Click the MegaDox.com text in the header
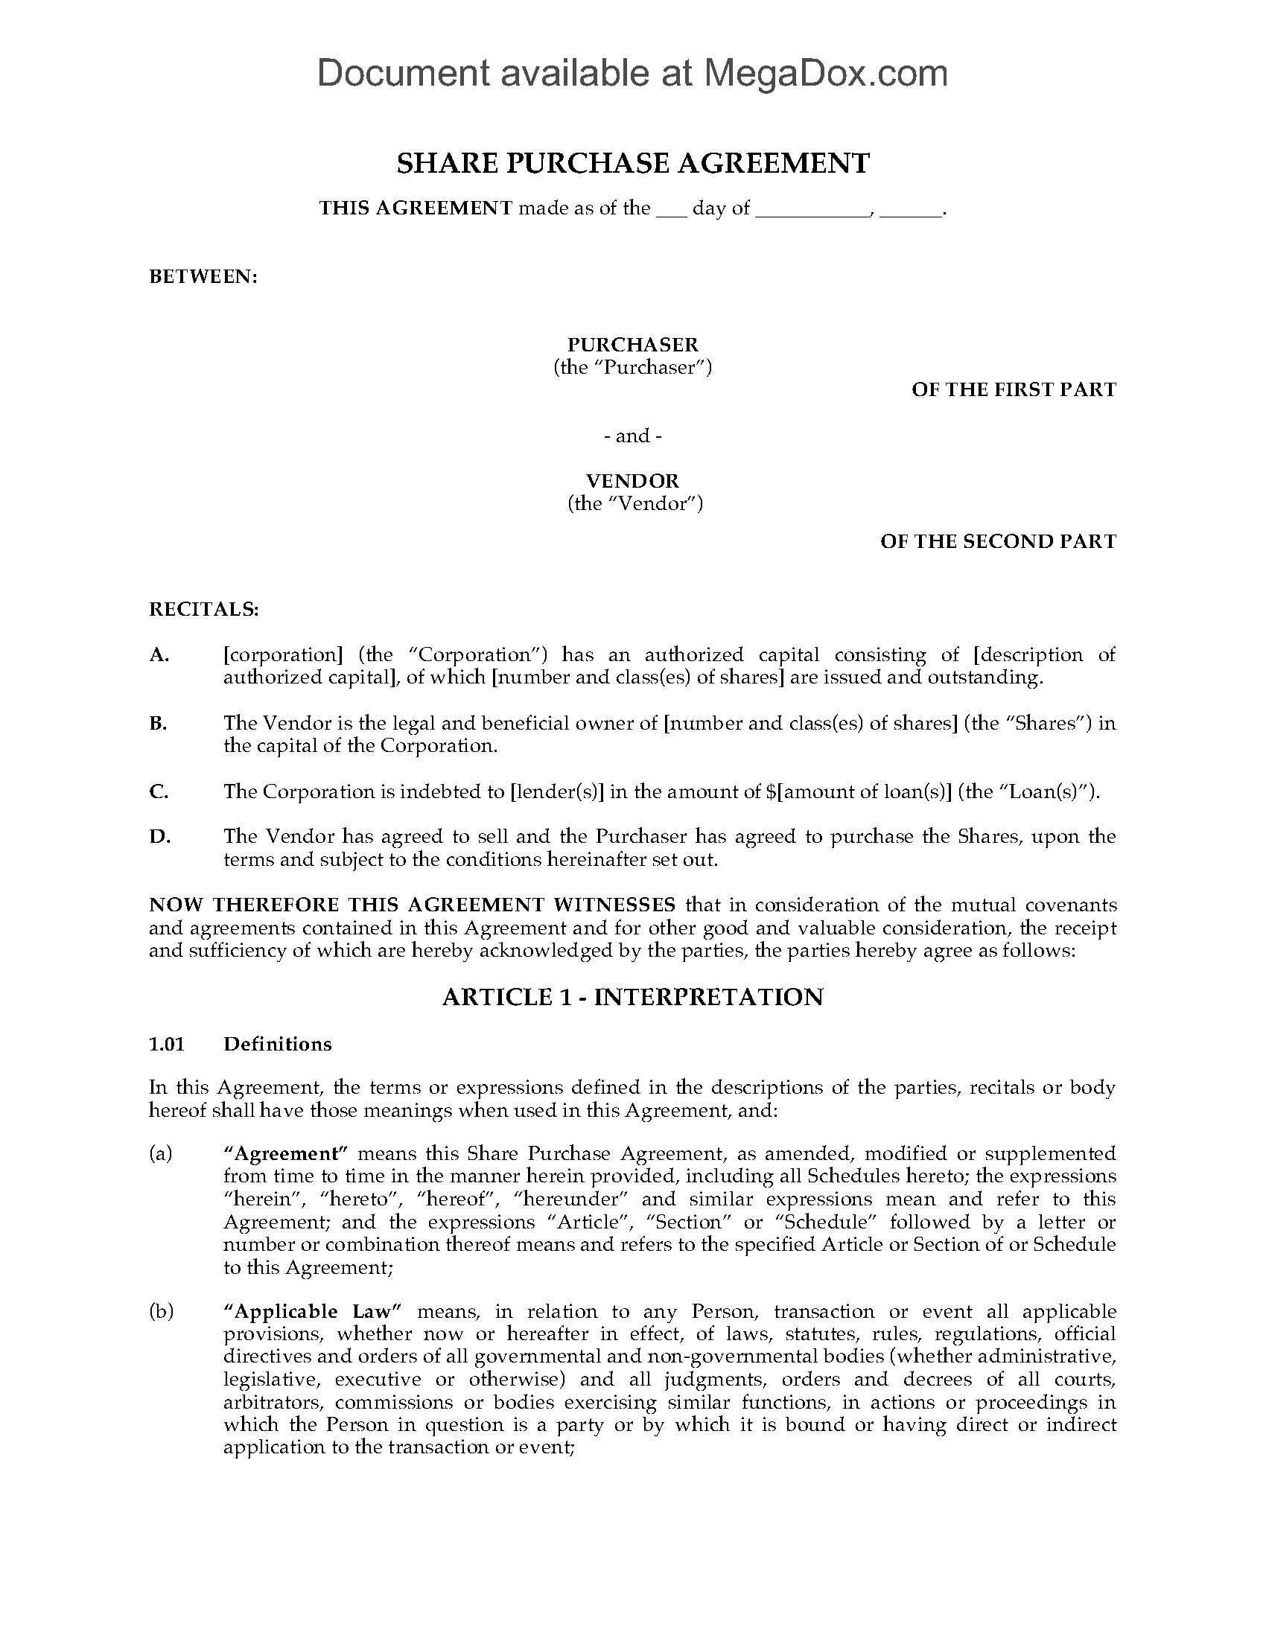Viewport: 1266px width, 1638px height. (x=825, y=74)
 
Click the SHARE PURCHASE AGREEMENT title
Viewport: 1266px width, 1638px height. (x=632, y=163)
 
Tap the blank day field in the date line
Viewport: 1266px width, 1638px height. (x=671, y=209)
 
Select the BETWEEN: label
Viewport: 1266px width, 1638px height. (x=203, y=277)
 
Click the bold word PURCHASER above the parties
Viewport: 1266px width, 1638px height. (x=632, y=344)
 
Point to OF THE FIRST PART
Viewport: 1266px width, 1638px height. (x=1014, y=389)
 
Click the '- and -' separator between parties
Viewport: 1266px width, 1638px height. (x=632, y=436)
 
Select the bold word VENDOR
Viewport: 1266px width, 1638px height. (x=632, y=481)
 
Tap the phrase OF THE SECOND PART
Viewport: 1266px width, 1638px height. (x=997, y=541)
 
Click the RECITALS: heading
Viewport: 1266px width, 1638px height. (x=204, y=609)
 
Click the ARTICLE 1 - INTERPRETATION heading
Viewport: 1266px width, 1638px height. (x=632, y=997)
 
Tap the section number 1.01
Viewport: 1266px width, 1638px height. (x=167, y=1044)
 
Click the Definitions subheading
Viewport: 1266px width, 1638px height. (x=278, y=1044)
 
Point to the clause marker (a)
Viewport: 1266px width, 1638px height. (x=161, y=1153)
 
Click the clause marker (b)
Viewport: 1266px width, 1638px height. (x=161, y=1312)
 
